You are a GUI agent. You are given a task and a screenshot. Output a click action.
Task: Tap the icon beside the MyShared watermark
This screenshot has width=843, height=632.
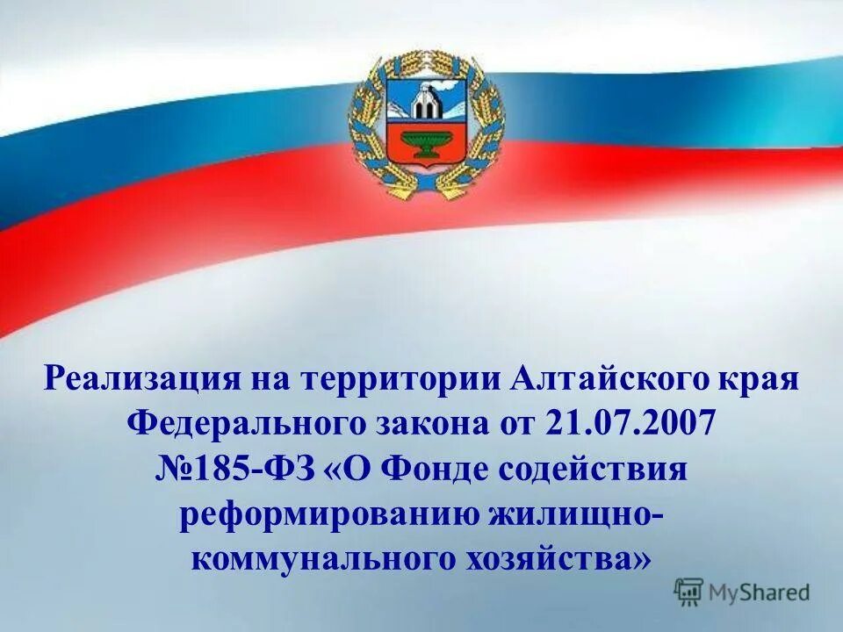coord(690,592)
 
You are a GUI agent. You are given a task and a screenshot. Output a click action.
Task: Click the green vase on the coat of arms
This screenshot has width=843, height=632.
coord(427,141)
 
